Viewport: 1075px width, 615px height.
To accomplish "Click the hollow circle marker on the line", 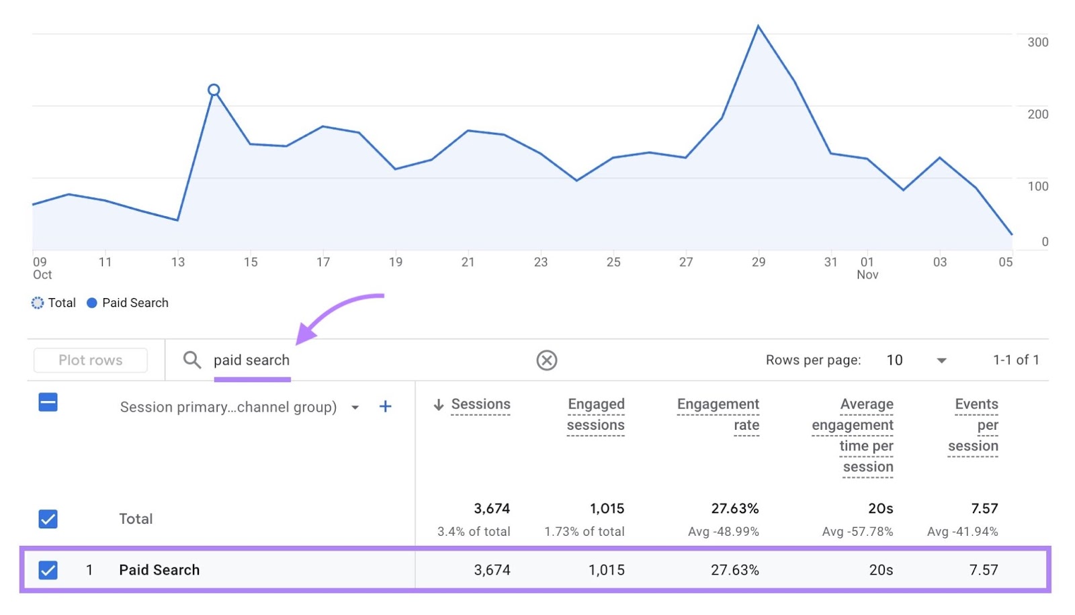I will tap(214, 90).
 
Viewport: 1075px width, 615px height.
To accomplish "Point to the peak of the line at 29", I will tap(759, 26).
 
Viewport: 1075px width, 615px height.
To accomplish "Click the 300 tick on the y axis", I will tap(1037, 42).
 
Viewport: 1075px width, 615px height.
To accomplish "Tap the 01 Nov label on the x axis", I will tap(867, 268).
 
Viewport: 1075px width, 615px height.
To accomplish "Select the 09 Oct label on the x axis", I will tap(42, 268).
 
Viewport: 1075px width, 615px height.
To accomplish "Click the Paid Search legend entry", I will tap(128, 303).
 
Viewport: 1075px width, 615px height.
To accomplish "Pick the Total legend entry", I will tap(54, 303).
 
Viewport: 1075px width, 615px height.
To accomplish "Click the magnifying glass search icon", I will tap(192, 360).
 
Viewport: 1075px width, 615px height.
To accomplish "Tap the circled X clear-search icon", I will tap(547, 361).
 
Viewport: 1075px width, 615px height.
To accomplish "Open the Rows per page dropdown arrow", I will tap(941, 361).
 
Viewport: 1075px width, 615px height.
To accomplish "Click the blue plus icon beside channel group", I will tap(385, 406).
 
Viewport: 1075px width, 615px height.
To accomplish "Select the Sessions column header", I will tap(480, 404).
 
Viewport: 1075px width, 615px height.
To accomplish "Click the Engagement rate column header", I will tap(718, 414).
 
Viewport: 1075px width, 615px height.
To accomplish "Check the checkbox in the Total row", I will tap(48, 519).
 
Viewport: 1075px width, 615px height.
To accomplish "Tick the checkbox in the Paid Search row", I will tap(48, 570).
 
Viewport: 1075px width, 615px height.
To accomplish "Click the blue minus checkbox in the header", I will tap(48, 402).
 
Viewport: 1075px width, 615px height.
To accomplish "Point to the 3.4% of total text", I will tap(474, 532).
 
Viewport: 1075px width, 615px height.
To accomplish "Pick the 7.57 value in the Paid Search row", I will tap(983, 570).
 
